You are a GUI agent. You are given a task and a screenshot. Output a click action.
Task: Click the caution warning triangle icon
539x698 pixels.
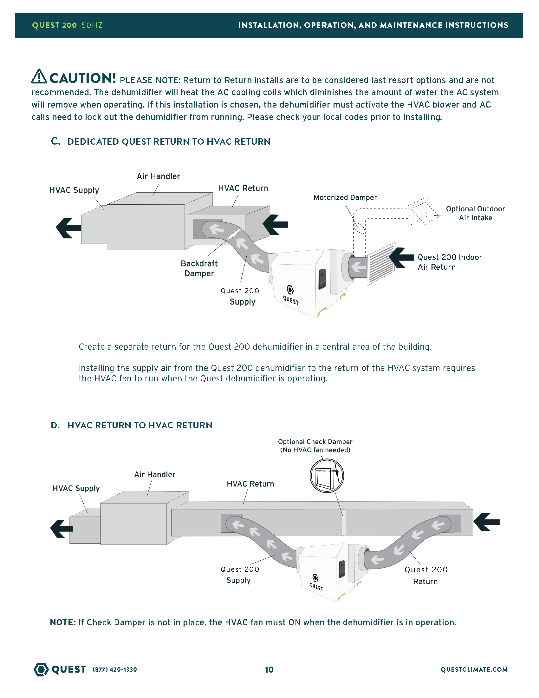click(x=39, y=76)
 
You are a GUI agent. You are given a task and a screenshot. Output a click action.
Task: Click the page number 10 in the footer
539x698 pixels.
click(x=269, y=669)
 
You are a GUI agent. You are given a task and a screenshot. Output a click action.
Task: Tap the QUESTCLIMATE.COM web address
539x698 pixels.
click(x=474, y=669)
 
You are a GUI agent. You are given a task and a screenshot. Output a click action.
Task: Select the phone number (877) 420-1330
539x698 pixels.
click(x=115, y=669)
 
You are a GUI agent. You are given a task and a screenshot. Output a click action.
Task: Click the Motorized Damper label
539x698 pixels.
click(x=345, y=198)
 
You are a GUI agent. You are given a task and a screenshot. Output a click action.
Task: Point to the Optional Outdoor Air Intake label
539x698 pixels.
click(x=476, y=213)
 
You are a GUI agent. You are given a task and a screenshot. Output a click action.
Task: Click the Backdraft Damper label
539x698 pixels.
click(x=199, y=268)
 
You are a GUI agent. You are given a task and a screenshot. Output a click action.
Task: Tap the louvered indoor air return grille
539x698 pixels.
click(x=381, y=264)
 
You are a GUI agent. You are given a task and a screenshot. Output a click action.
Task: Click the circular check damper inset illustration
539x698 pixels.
click(x=327, y=476)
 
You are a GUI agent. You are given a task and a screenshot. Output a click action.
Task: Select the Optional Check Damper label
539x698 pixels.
click(x=315, y=446)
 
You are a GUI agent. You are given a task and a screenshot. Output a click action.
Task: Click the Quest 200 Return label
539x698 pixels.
click(x=425, y=575)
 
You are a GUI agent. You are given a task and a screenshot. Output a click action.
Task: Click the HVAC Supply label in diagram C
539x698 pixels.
click(x=74, y=190)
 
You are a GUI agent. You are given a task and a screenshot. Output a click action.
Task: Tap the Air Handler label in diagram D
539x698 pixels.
click(x=154, y=474)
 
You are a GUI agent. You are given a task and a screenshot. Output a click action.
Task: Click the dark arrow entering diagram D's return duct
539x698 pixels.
click(x=486, y=522)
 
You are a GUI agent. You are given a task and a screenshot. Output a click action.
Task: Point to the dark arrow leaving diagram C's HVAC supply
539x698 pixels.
click(x=68, y=228)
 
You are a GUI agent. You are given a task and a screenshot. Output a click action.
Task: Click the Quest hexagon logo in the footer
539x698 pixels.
click(x=41, y=669)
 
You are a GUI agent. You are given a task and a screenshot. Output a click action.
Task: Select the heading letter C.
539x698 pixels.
click(x=55, y=141)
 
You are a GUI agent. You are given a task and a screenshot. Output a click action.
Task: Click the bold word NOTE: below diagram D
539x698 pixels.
click(x=63, y=622)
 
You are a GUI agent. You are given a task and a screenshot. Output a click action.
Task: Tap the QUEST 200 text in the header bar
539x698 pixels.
click(x=54, y=25)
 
